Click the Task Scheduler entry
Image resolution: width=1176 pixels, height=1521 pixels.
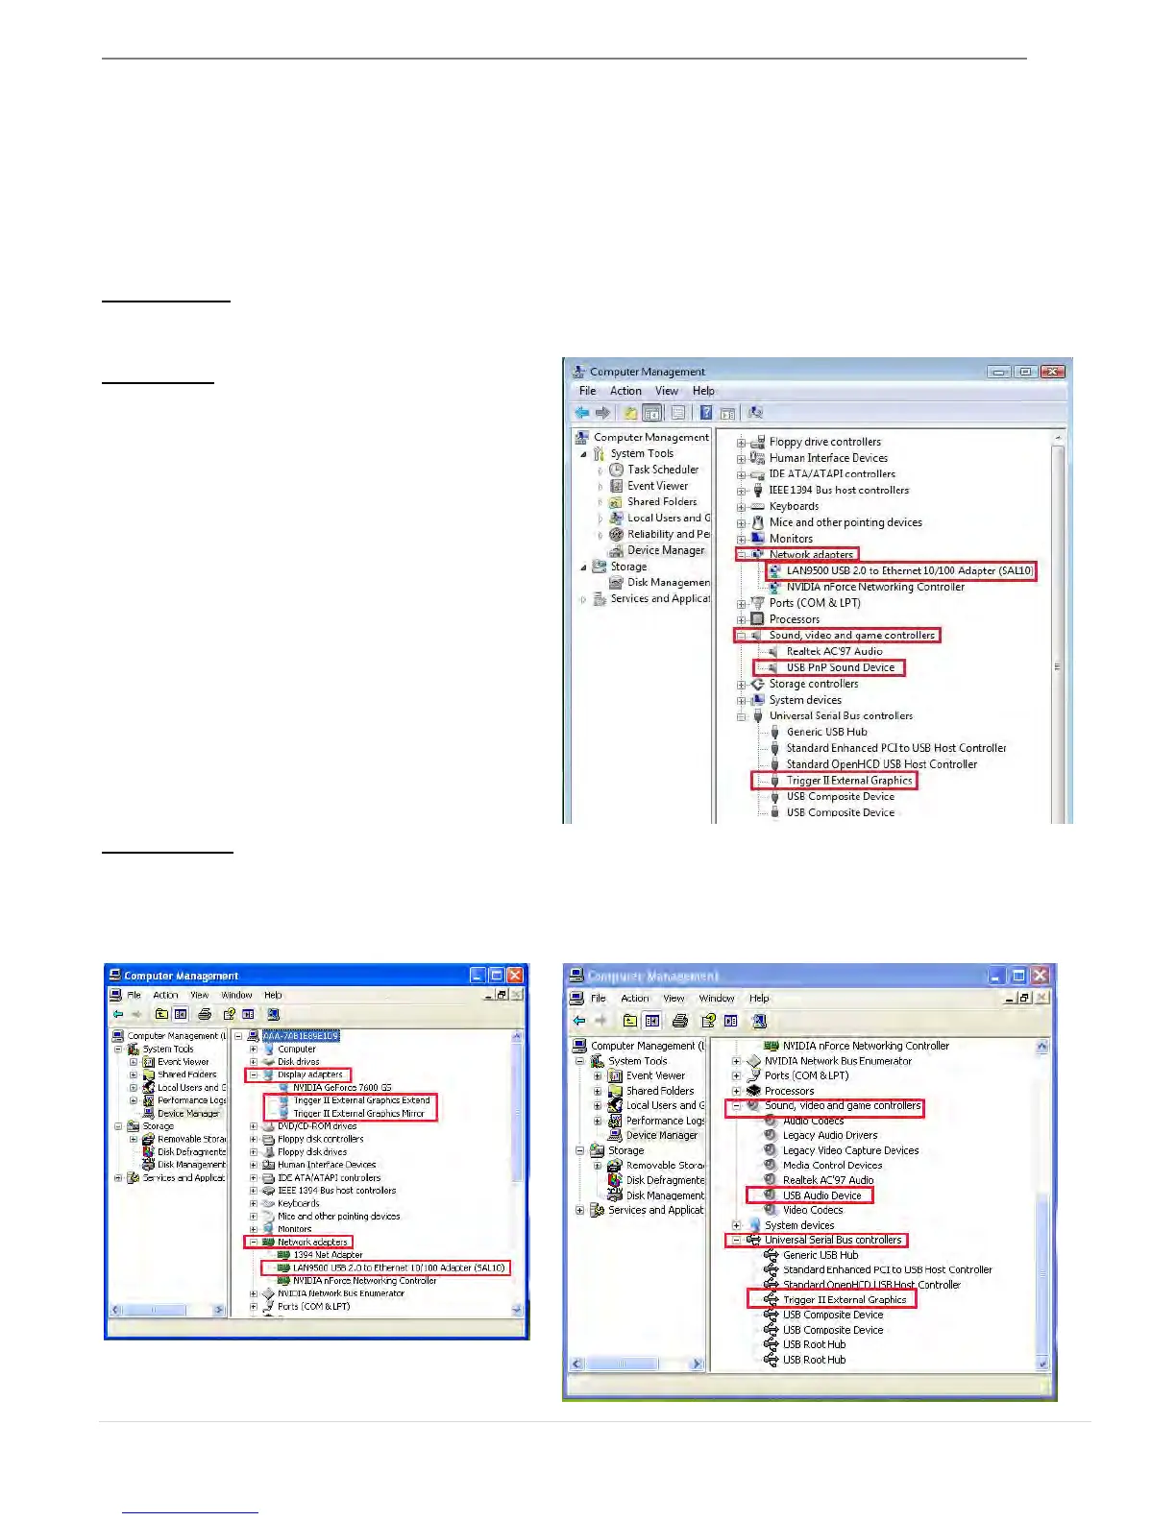662,470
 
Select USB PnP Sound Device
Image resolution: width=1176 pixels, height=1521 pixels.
840,667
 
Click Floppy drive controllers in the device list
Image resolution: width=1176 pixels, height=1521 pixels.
824,442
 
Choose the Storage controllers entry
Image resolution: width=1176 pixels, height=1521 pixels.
813,684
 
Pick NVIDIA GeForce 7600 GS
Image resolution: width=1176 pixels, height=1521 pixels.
342,1088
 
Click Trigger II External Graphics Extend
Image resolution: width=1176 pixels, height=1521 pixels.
361,1100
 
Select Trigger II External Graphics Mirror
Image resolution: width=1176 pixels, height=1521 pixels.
358,1114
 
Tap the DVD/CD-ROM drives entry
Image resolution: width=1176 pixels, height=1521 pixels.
317,1126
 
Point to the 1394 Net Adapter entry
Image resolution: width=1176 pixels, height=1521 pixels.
328,1255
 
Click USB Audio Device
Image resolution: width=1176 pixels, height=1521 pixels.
821,1195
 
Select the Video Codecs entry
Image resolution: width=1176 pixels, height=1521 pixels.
812,1210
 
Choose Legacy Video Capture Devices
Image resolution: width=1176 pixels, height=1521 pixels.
850,1150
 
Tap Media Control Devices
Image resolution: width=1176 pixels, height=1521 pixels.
832,1165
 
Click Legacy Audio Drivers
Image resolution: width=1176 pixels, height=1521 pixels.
829,1135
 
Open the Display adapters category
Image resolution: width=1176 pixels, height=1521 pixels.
309,1074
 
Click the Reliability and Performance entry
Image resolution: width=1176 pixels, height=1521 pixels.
668,534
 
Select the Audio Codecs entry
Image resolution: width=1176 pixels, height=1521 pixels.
813,1121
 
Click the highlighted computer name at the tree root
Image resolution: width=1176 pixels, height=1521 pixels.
301,1036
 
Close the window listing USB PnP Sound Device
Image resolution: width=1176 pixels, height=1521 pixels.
1053,372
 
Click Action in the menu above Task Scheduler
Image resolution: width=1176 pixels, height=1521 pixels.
625,391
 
